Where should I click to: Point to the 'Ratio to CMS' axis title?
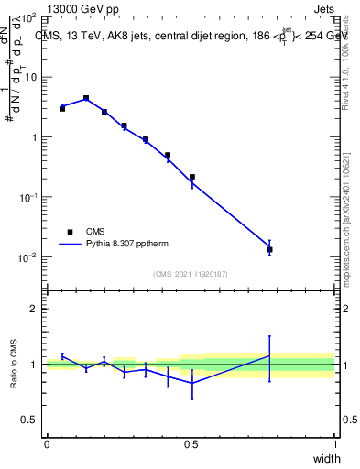click(x=15, y=365)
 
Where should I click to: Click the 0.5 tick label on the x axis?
click(x=191, y=443)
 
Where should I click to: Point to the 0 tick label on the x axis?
click(x=47, y=443)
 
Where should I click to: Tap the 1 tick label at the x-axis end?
click(x=334, y=443)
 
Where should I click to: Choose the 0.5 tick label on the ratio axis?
click(x=30, y=420)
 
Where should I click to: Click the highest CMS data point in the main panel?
click(x=86, y=98)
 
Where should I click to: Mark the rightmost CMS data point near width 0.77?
click(x=269, y=249)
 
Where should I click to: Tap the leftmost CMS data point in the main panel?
click(x=62, y=108)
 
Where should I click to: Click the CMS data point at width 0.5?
click(x=191, y=177)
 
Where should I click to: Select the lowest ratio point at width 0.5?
click(x=191, y=383)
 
